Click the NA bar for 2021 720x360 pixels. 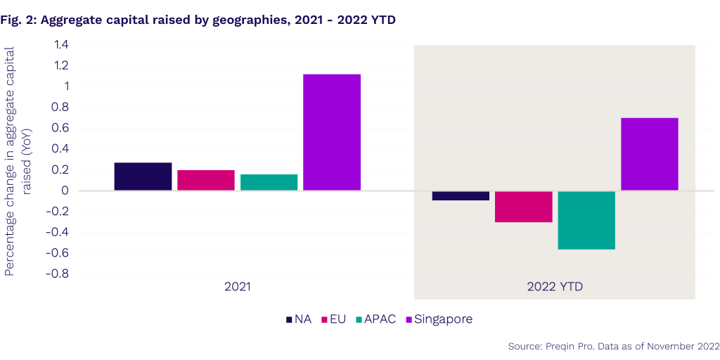click(143, 176)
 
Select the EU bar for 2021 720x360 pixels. click(206, 180)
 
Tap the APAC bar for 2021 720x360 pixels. click(269, 182)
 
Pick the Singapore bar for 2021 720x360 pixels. click(332, 132)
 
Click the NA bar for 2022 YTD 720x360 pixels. click(461, 195)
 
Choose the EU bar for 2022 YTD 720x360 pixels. click(524, 206)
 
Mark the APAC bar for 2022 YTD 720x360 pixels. click(586, 220)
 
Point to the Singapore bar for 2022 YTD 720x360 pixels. click(650, 154)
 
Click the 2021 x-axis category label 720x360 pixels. click(238, 287)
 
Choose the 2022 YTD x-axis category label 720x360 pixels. click(555, 287)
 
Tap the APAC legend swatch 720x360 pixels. click(359, 319)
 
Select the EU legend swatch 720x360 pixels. click(325, 319)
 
